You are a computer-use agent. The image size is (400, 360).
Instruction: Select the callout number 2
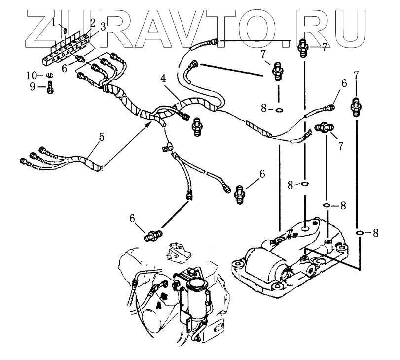92,22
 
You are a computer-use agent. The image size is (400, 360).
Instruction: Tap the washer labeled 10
50,75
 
